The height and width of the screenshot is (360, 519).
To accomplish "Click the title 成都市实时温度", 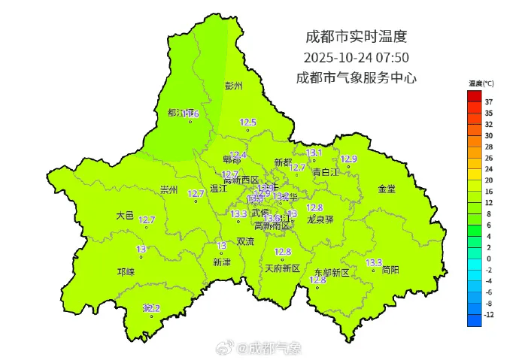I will point(356,36).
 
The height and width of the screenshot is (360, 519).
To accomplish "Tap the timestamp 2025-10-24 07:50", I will point(356,57).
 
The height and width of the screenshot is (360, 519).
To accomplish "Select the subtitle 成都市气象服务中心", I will point(356,77).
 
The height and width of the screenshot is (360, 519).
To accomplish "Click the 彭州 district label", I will point(235,86).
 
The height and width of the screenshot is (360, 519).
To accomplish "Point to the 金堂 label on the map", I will point(387,189).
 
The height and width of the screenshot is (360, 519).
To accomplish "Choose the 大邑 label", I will point(125,216).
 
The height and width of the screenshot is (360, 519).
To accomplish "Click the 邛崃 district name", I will point(126,271).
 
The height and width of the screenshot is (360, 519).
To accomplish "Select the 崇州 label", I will point(169,190).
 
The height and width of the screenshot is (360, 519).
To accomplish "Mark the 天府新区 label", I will point(282,268).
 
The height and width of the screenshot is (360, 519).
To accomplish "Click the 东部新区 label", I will point(331,272).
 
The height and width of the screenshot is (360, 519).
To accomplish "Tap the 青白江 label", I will point(326,172).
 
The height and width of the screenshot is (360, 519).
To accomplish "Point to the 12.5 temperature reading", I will point(248,123).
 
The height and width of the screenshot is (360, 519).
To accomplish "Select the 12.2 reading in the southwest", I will point(153,308).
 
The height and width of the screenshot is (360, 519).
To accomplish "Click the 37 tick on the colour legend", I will point(488,101).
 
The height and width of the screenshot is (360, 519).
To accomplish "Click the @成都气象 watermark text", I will point(269,348).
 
